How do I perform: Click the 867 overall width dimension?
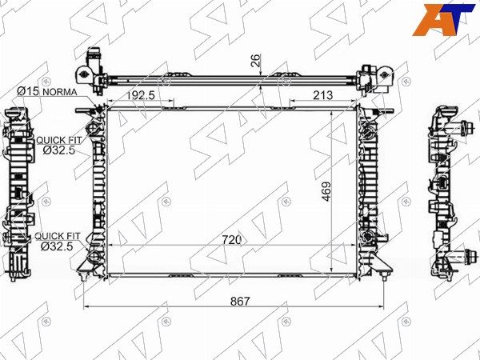(x=240, y=302)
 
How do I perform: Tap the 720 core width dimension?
(x=232, y=240)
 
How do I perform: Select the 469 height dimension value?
(x=326, y=192)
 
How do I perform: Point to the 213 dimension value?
(x=322, y=95)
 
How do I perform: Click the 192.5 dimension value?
(x=141, y=95)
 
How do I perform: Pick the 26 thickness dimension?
(x=255, y=60)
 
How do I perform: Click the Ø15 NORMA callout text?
(x=47, y=91)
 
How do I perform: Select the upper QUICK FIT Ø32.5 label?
(x=59, y=145)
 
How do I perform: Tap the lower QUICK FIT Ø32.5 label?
(x=58, y=242)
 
